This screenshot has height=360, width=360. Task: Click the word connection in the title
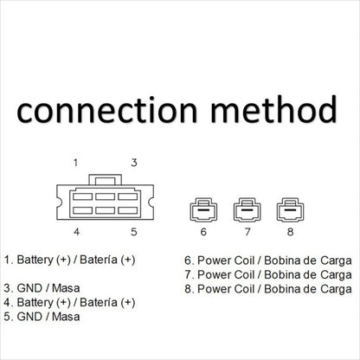(x=107, y=110)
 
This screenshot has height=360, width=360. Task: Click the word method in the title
(x=274, y=109)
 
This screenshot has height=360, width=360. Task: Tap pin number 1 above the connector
(x=75, y=163)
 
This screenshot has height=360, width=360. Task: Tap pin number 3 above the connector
(x=134, y=163)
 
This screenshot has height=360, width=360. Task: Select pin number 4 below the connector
(x=76, y=232)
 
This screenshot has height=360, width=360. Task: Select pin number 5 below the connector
(x=134, y=232)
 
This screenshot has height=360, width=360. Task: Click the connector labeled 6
(x=203, y=209)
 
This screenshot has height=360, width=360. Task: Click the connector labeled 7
(x=247, y=209)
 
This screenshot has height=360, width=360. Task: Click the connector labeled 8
(x=290, y=209)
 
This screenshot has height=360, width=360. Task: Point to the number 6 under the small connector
(x=203, y=232)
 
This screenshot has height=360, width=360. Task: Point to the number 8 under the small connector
(x=290, y=232)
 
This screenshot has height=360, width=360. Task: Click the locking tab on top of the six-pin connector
(x=106, y=179)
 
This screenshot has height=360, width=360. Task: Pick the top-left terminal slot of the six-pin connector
(x=83, y=196)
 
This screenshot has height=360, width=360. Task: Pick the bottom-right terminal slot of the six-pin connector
(x=128, y=210)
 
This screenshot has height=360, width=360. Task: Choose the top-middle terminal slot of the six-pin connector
(x=106, y=196)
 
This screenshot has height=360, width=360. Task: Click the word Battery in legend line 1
(x=35, y=260)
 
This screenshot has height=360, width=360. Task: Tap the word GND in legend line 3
(x=29, y=288)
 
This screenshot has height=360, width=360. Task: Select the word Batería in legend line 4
(x=99, y=302)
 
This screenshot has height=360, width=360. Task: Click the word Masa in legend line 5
(x=66, y=317)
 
